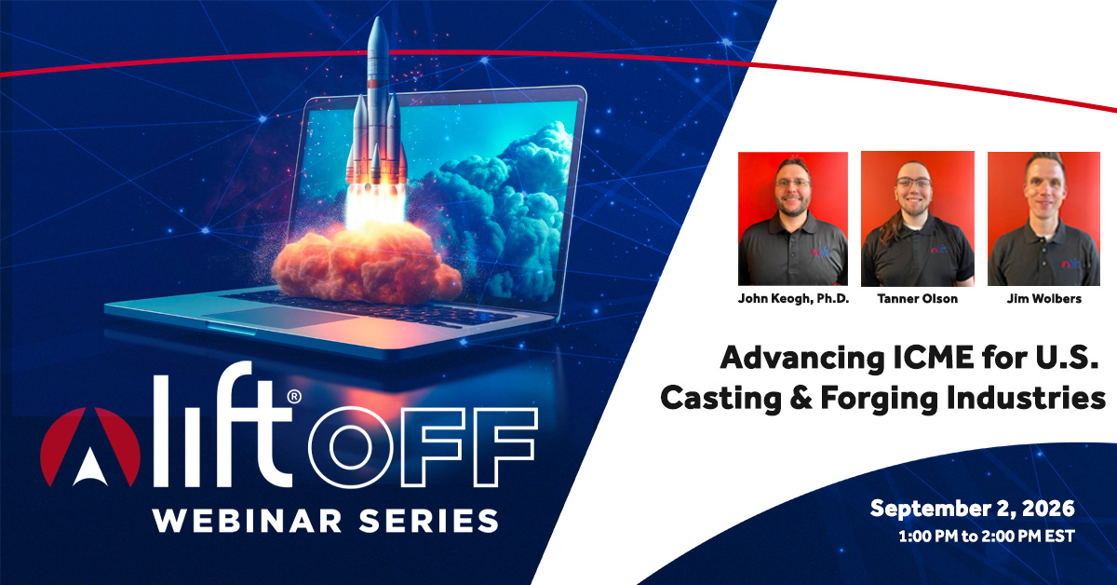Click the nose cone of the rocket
pos(378,31)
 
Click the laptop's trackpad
pos(279,318)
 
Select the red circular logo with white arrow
pos(89,447)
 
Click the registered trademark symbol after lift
pos(294,396)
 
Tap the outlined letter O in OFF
pos(350,447)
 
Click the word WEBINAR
pos(248,522)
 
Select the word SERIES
pos(429,522)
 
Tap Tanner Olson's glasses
pos(913,183)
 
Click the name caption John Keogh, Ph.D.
pos(793,298)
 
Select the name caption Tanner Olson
pos(918,298)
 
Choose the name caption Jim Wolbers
pos(1044,298)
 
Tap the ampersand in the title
pos(801,399)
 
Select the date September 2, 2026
pos(973,509)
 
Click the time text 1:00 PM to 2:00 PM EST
pos(987,537)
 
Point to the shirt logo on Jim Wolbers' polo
pos(1070,263)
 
